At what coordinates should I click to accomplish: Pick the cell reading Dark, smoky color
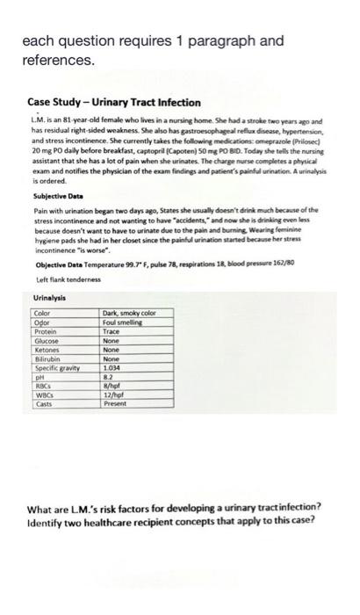129,314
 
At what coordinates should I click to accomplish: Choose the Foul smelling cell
124,322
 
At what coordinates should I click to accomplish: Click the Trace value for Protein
112,331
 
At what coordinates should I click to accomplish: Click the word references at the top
57,61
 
